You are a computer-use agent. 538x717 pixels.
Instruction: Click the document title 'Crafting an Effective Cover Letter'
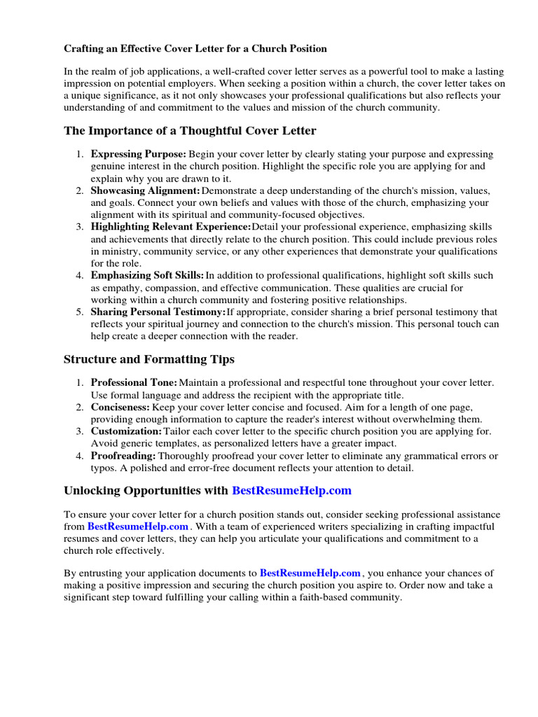[x=195, y=49]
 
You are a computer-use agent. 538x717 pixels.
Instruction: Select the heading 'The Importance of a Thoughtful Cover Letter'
[x=190, y=131]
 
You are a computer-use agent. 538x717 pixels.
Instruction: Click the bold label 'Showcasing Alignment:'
[x=145, y=191]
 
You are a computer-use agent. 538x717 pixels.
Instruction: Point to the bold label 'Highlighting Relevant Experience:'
[x=171, y=228]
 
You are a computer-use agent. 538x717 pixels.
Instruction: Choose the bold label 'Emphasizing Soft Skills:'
[x=147, y=276]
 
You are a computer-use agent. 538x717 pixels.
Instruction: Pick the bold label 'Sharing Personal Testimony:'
[x=158, y=312]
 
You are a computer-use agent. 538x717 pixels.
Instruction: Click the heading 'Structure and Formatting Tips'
[x=149, y=359]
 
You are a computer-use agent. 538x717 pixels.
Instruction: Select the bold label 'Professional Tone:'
[x=134, y=383]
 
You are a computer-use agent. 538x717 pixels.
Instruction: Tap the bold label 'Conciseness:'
[x=120, y=407]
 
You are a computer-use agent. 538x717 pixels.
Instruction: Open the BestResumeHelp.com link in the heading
[x=291, y=491]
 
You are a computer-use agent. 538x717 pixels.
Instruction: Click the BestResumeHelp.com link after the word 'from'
[x=138, y=526]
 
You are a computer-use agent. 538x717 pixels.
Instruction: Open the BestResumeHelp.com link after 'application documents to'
[x=310, y=573]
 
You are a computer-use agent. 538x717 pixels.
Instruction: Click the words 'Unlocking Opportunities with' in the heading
[x=146, y=491]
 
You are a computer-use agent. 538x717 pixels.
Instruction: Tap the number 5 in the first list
[x=80, y=312]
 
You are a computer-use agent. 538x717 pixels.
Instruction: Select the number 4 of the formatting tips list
[x=80, y=456]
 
